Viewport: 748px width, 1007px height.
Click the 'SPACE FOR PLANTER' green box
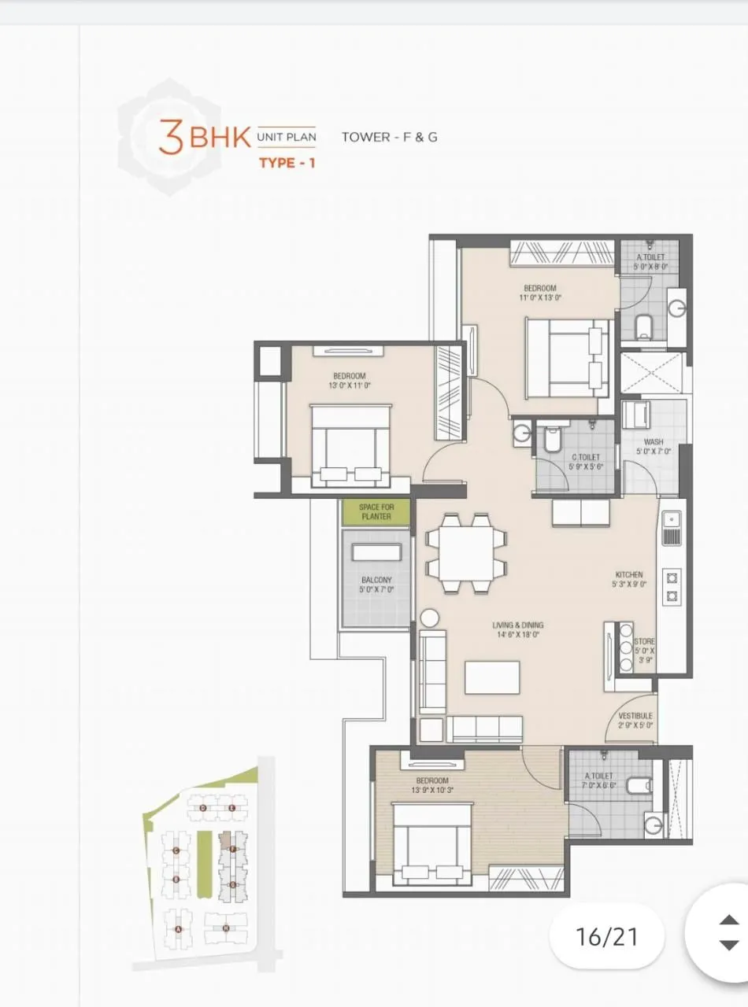(x=376, y=512)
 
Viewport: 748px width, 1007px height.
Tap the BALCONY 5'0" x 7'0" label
(x=376, y=585)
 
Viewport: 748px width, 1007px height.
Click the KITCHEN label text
(x=629, y=580)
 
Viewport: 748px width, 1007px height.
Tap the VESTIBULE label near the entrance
(x=635, y=721)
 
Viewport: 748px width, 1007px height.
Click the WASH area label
(x=653, y=447)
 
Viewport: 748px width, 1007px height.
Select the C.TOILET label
(x=586, y=462)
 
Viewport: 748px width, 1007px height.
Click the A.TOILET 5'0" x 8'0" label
(x=650, y=262)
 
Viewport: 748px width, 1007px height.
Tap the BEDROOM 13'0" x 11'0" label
(x=350, y=381)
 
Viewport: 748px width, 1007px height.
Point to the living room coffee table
(x=492, y=677)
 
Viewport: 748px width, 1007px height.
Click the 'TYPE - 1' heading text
(x=287, y=164)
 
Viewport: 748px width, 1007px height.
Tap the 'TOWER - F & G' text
(x=389, y=137)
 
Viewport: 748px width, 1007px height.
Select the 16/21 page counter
(x=606, y=936)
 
